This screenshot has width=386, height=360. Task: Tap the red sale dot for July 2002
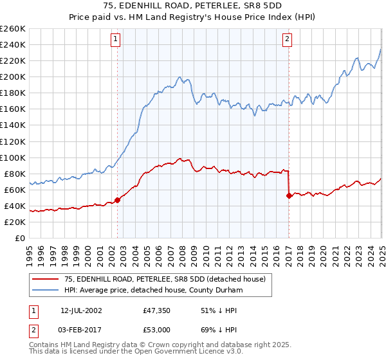[117, 199]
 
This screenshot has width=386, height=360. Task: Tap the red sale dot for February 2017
[289, 195]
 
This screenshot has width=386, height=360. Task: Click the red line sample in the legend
[45, 278]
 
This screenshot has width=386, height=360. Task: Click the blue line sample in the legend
[45, 291]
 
